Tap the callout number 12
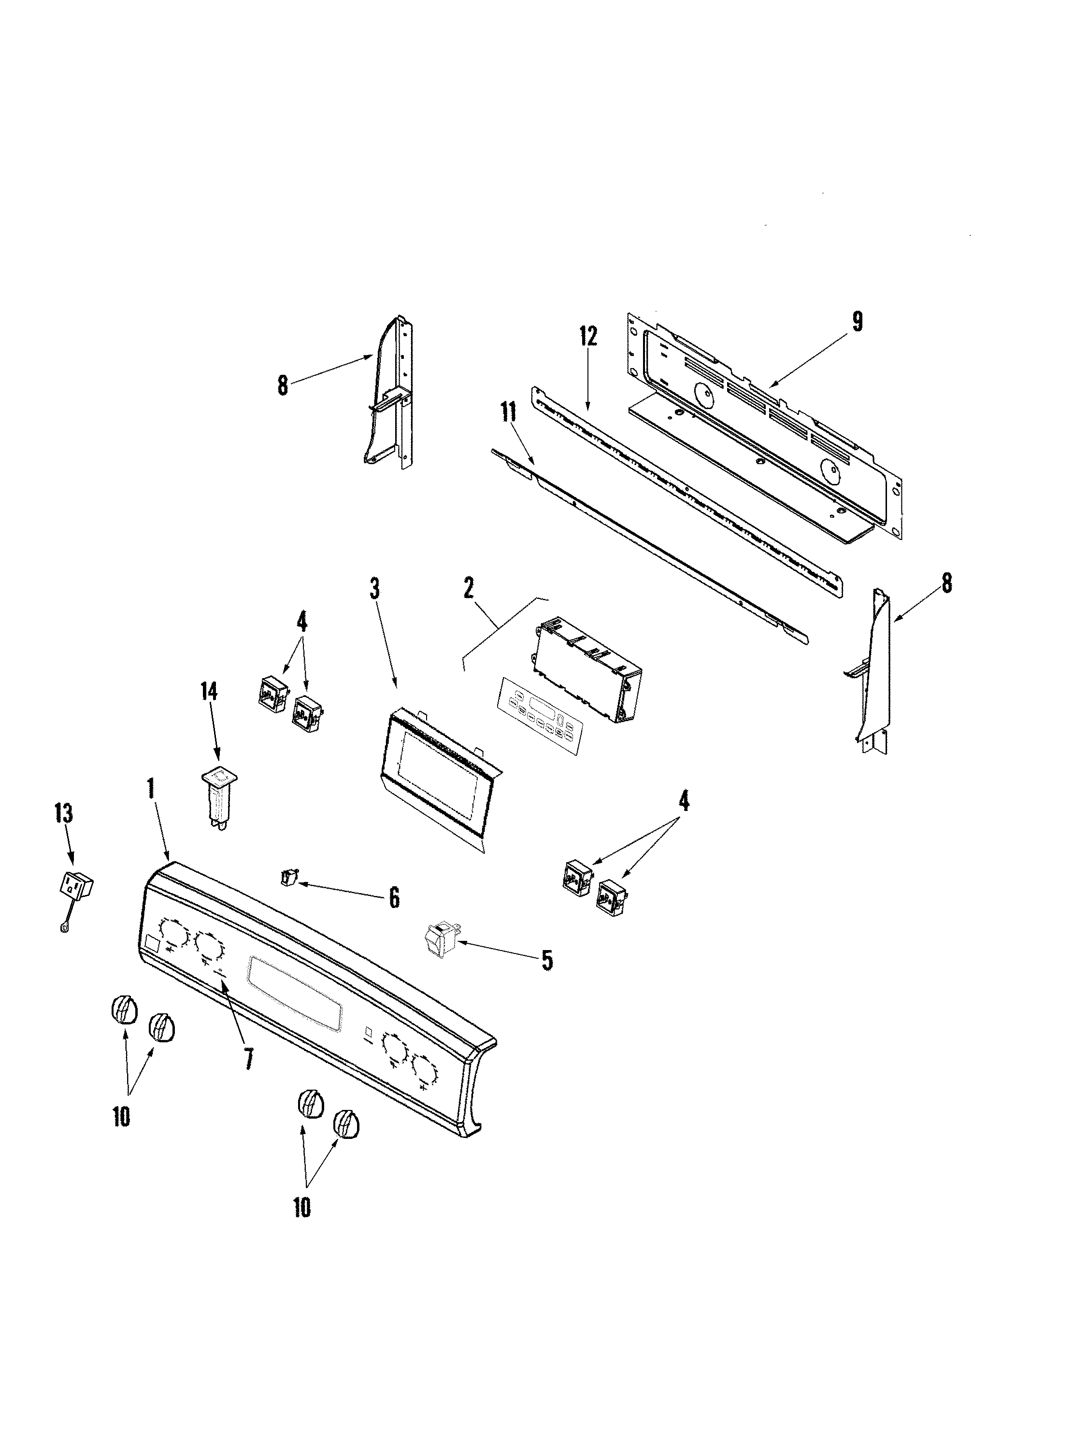(x=588, y=337)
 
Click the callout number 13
(x=64, y=814)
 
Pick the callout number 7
(x=248, y=1059)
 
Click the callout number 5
(x=546, y=960)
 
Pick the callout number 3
(x=374, y=589)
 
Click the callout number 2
(x=469, y=589)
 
